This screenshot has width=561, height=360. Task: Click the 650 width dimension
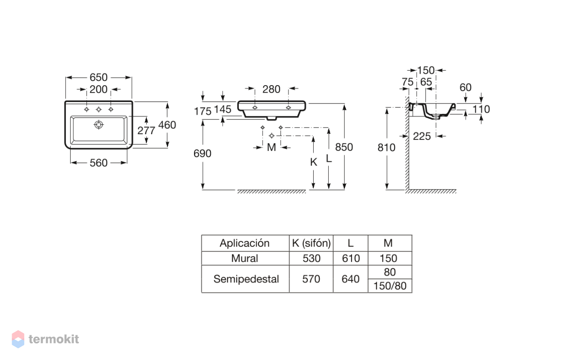99,78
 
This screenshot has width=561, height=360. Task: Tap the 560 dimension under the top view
99,163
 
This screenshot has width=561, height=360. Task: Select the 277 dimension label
146,130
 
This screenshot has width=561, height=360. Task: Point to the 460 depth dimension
167,125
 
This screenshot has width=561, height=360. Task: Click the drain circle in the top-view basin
99,124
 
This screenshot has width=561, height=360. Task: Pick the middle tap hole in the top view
99,109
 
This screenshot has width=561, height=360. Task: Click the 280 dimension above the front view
271,89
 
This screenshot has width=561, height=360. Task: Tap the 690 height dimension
202,153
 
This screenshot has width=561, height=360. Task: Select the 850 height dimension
344,147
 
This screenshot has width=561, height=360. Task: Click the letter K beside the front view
314,162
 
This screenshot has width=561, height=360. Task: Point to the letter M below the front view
272,148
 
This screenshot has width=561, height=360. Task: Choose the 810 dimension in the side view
387,148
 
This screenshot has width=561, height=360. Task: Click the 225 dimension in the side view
422,136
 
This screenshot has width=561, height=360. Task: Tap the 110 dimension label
481,109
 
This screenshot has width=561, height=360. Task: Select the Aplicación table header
245,243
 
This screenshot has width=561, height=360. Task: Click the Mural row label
245,258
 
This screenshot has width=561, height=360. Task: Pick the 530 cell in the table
311,258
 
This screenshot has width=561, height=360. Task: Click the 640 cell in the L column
350,279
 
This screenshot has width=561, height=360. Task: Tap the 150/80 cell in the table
390,286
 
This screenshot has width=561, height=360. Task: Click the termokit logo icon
18,339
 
